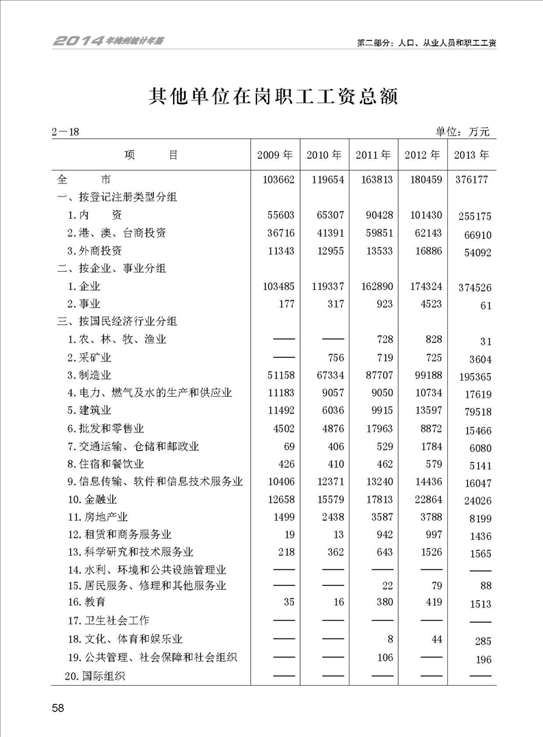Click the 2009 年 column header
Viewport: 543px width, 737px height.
275,155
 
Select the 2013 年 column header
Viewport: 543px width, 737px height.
472,155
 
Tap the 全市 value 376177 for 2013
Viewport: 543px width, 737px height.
472,181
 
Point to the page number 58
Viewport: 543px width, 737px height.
57,708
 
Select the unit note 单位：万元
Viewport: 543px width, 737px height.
463,132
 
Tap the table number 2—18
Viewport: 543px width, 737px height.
66,132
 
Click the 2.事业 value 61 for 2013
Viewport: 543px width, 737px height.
486,306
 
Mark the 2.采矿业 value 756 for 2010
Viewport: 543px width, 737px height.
333,357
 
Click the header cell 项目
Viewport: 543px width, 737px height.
151,155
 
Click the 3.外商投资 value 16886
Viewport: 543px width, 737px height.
423,250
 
